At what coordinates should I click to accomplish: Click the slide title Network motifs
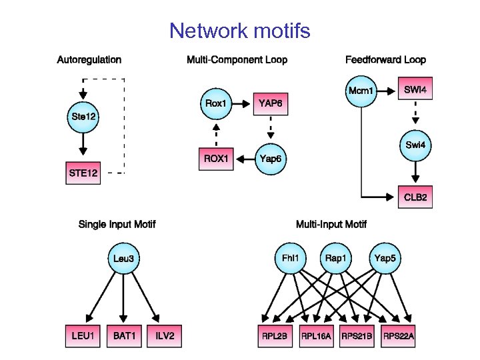click(239, 31)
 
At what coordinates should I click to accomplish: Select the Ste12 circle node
click(83, 117)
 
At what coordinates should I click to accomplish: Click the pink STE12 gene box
click(83, 173)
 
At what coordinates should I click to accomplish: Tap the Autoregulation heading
click(89, 59)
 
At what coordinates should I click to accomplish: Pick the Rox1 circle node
click(216, 103)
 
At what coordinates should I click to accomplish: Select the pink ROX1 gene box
click(216, 159)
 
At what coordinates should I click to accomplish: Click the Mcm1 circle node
click(361, 90)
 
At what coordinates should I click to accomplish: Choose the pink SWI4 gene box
click(415, 89)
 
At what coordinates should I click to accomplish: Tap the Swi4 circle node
click(415, 145)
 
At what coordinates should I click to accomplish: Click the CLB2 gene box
click(415, 197)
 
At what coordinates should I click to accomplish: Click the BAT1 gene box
click(124, 336)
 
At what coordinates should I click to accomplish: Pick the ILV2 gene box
click(165, 336)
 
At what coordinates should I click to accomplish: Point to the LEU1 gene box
click(83, 336)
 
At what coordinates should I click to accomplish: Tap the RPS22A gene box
click(399, 336)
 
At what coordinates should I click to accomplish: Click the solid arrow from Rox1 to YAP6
click(243, 103)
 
